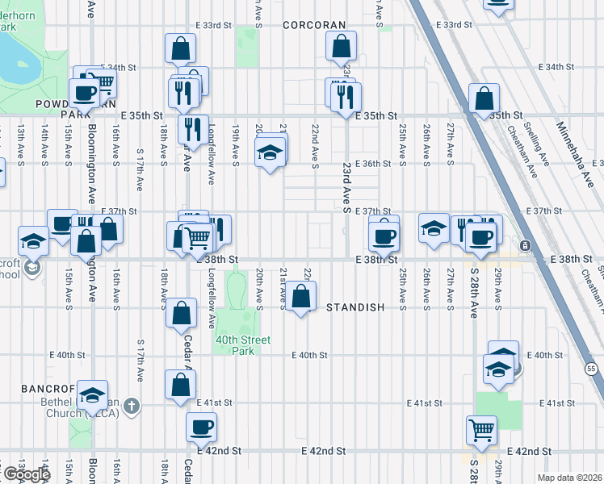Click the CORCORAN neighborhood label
coord(314,25)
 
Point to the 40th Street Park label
coord(242,345)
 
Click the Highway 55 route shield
coord(591,368)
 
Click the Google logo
coord(26,474)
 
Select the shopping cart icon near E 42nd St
coord(482,430)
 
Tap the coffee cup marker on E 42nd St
coord(201,427)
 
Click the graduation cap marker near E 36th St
coord(270,151)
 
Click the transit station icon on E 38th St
coord(525,245)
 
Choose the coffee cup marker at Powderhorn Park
coord(83,92)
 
